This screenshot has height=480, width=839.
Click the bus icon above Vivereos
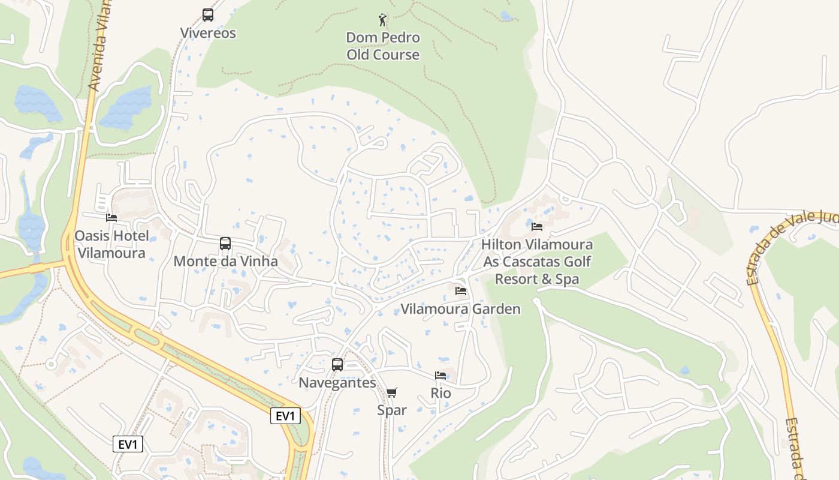click(x=208, y=15)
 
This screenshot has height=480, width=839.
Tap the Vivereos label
click(x=209, y=33)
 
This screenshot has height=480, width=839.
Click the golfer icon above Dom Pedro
click(x=382, y=20)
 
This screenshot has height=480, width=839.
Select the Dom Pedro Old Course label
click(x=383, y=46)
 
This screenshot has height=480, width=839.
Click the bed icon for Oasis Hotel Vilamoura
click(x=111, y=218)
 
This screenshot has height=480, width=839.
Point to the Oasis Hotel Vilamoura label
click(x=111, y=244)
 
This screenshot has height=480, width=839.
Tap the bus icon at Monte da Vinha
click(x=225, y=244)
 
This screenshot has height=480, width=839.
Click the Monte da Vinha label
click(x=225, y=262)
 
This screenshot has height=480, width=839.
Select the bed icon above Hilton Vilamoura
click(x=537, y=227)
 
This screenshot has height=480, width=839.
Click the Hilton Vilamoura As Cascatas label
click(x=537, y=262)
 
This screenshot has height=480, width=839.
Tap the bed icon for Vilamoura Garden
click(x=461, y=291)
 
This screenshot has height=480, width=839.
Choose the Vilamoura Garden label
click(x=460, y=309)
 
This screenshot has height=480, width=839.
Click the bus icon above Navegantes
click(x=337, y=365)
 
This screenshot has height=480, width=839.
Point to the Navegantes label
click(x=337, y=383)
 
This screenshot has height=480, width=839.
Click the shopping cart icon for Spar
click(x=392, y=393)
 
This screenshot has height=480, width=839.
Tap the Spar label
click(x=392, y=410)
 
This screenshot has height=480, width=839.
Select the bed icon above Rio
click(x=440, y=376)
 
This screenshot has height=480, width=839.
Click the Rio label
click(x=440, y=394)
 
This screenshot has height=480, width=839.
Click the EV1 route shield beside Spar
click(x=285, y=416)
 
